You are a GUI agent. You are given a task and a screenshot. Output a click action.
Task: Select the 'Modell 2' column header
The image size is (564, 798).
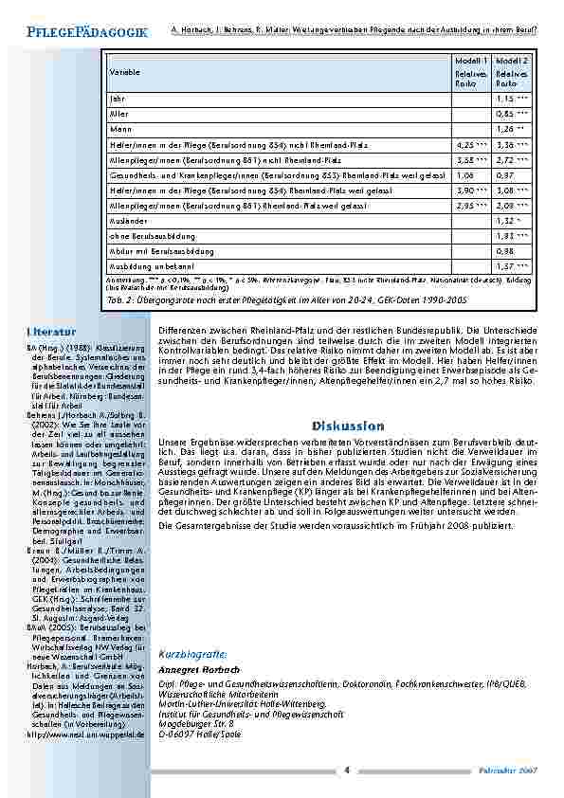pos(511,60)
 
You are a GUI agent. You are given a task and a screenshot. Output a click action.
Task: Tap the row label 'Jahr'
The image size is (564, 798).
pos(117,98)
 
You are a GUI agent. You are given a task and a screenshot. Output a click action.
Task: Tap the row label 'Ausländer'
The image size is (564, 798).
pos(127,219)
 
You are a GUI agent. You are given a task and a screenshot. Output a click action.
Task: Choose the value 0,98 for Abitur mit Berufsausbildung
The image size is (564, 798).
pos(504,250)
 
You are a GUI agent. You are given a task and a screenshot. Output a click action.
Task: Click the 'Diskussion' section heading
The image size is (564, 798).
pos(344,426)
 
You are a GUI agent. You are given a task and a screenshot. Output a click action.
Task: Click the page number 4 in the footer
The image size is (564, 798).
pos(347,769)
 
